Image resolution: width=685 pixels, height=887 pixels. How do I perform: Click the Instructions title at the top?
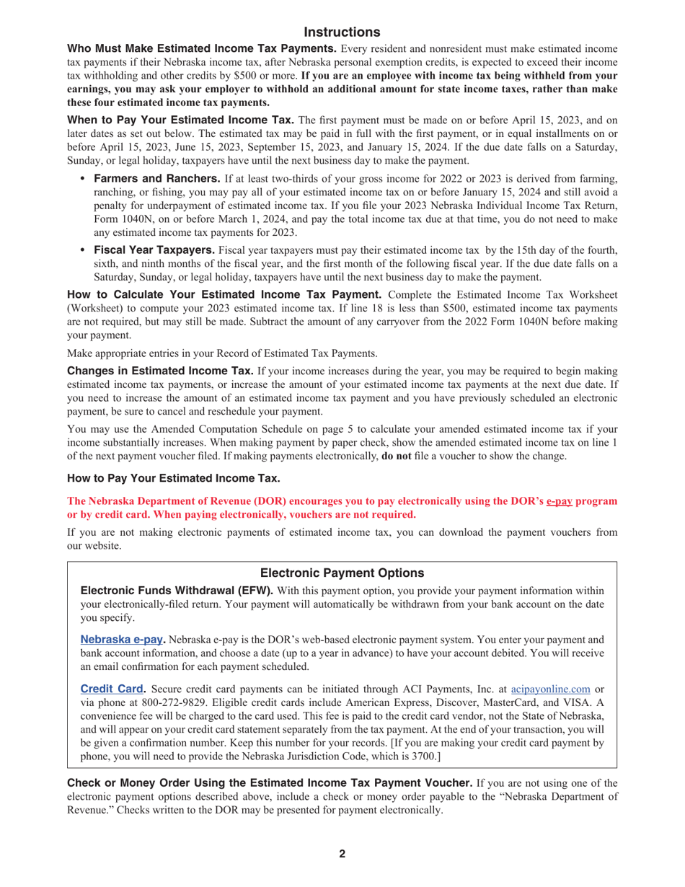342,32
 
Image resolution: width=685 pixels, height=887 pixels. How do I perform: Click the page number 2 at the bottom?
342,854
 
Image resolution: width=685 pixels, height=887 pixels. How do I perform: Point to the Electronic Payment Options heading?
342,573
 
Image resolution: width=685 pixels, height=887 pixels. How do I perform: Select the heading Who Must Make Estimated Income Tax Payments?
201,48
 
